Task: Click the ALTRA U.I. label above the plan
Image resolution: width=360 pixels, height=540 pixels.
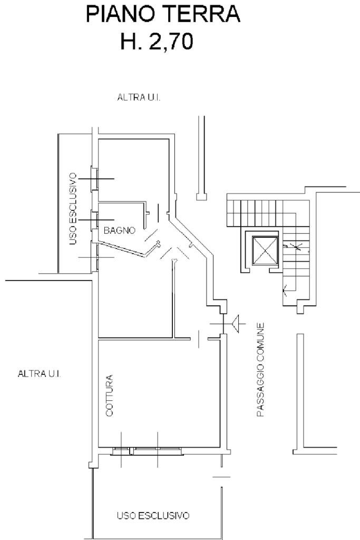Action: [139, 98]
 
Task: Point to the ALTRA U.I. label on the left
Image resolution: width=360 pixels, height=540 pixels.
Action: [39, 374]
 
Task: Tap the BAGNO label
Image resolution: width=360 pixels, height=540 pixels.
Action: [120, 230]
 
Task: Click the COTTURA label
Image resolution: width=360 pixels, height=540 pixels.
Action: [110, 396]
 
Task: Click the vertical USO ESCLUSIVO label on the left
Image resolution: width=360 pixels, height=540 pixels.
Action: [73, 209]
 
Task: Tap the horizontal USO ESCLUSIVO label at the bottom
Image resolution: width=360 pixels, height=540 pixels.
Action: [153, 515]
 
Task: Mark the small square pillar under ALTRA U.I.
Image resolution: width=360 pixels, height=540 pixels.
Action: [200, 197]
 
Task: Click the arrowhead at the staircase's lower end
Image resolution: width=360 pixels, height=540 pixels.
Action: [285, 288]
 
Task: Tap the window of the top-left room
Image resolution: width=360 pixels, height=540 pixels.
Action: [95, 179]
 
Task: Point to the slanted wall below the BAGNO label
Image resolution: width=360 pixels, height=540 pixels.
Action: [121, 249]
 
